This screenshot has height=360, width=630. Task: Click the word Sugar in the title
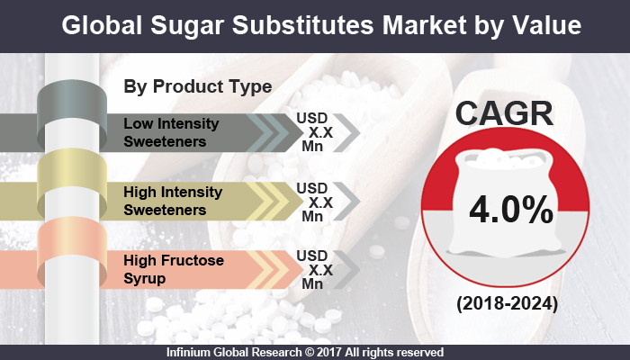[190, 25]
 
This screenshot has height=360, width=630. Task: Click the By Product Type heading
[197, 86]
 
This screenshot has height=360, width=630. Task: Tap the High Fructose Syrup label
[162, 267]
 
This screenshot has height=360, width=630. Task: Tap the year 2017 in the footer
[339, 352]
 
